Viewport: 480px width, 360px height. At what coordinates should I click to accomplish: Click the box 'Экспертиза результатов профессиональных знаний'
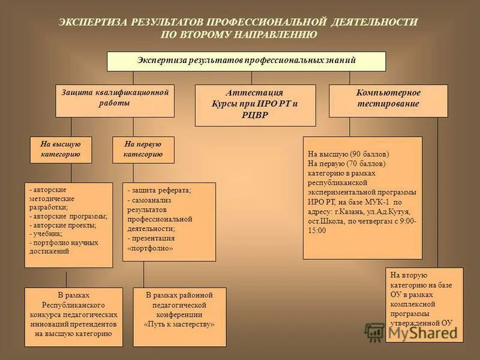coord(246,61)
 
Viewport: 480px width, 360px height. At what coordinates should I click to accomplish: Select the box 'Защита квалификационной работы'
coord(114,100)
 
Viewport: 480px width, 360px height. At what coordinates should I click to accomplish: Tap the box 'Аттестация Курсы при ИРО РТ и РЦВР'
coord(255,105)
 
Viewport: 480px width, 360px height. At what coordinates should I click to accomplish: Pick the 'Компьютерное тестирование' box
coord(388,100)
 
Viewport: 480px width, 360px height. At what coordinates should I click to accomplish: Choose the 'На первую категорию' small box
coord(143,149)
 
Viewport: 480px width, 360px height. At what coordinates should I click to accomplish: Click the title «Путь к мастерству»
coord(179,324)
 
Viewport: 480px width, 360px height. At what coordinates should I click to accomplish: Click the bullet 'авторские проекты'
coord(59,225)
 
